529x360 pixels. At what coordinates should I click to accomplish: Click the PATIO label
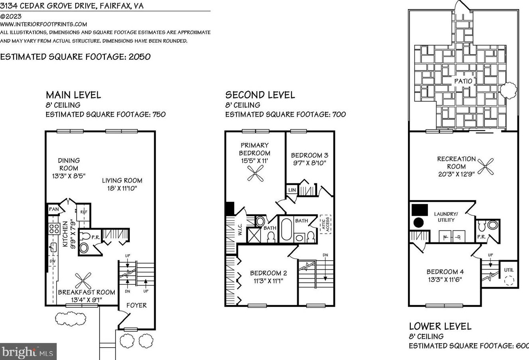[x=463, y=81]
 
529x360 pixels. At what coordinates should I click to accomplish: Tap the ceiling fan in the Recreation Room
[x=486, y=167]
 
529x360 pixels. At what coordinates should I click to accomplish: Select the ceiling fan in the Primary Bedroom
[x=255, y=173]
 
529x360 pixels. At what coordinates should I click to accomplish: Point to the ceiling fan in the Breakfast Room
[x=83, y=281]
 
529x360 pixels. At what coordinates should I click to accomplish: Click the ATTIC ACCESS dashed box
[x=325, y=224]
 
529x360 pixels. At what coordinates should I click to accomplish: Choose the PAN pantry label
[x=54, y=209]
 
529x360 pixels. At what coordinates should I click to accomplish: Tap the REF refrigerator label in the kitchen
[x=84, y=212]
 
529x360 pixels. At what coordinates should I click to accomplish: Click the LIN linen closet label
[x=292, y=190]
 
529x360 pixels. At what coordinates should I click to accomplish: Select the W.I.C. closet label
[x=240, y=229]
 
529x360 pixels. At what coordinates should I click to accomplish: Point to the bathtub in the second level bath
[x=286, y=229]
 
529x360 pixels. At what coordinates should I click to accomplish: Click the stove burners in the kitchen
[x=54, y=229]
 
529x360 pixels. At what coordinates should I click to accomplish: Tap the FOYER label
[x=137, y=305]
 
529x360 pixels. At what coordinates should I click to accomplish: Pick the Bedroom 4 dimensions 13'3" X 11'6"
[x=445, y=279]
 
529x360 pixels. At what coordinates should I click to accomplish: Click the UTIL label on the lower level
[x=509, y=270]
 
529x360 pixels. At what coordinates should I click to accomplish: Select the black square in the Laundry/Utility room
[x=420, y=210]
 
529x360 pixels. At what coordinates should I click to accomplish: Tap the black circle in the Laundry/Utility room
[x=418, y=223]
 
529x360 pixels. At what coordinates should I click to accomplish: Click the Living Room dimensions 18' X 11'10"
[x=122, y=189]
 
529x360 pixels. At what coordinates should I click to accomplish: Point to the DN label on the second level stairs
[x=325, y=255]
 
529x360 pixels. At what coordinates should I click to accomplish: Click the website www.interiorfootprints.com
[x=43, y=24]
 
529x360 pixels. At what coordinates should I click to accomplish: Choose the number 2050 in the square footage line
[x=139, y=57]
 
